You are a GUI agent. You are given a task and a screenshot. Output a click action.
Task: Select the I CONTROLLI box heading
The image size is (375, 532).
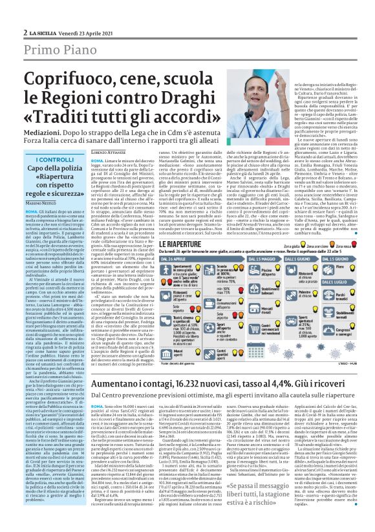(x=55, y=159)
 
